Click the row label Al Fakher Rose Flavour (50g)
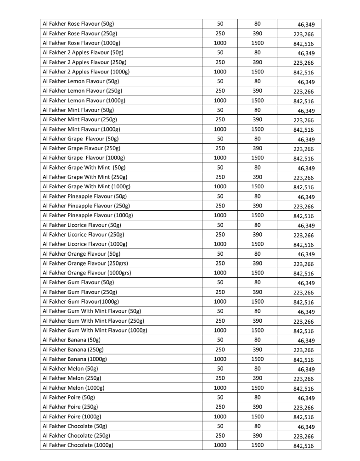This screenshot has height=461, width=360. click(x=78, y=24)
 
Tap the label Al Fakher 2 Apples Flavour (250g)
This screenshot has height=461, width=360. click(x=84, y=62)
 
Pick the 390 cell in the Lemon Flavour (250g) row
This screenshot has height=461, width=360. click(x=257, y=91)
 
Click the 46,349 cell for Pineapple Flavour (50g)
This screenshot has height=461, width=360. click(x=305, y=197)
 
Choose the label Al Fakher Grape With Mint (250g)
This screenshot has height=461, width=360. click(x=84, y=177)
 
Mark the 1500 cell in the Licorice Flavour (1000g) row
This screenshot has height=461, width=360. click(x=257, y=244)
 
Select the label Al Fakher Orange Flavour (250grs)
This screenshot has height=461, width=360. click(x=85, y=264)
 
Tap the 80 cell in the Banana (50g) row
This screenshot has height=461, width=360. click(x=257, y=340)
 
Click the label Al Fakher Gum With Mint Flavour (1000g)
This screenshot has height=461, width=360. click(x=95, y=331)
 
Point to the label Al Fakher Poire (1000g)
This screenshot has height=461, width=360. click(x=72, y=417)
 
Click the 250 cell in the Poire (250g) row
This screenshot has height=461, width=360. click(x=220, y=407)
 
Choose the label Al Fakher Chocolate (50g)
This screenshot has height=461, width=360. click(x=74, y=427)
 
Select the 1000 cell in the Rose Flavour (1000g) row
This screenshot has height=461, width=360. click(x=220, y=43)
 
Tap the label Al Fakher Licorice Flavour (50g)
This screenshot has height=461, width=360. click(x=81, y=225)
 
